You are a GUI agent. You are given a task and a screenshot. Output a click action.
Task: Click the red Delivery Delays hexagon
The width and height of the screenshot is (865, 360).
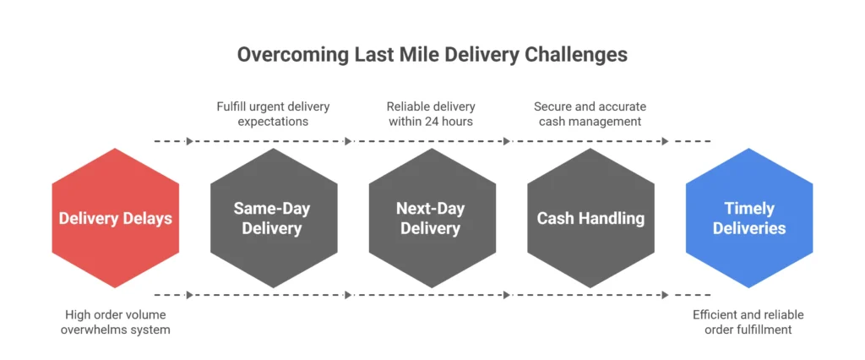[x=115, y=218]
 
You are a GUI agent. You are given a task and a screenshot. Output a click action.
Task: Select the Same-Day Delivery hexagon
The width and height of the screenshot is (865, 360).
[x=274, y=218]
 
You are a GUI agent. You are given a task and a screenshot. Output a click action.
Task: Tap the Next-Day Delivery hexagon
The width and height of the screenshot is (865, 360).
[x=432, y=218]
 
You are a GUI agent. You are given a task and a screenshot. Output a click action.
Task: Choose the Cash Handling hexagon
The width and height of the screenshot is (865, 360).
[x=590, y=218]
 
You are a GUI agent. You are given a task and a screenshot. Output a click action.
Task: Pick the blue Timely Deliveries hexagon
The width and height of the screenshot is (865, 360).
[x=748, y=218]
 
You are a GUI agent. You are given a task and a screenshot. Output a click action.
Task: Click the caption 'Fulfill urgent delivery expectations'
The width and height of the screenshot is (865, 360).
[x=272, y=114]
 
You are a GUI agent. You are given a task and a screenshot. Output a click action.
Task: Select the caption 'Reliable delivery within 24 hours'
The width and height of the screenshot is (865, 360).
[x=431, y=114]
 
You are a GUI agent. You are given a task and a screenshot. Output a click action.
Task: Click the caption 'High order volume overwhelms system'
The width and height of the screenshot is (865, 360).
[x=115, y=322]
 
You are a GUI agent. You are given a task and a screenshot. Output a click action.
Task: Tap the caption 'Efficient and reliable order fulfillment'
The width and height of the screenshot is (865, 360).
[x=748, y=322]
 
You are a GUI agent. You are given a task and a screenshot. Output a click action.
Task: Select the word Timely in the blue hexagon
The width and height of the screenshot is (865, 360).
[x=749, y=209]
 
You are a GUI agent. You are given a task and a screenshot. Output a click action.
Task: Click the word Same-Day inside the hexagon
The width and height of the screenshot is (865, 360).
[x=274, y=209]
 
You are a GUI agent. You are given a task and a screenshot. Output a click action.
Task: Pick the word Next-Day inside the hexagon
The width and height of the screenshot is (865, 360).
[x=432, y=209]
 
